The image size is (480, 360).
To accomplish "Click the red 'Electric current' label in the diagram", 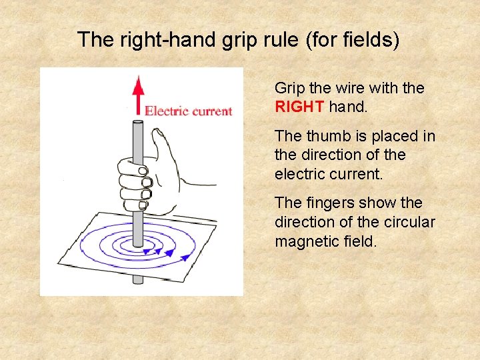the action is [189, 111].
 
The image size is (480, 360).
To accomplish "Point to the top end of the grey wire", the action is [137, 122].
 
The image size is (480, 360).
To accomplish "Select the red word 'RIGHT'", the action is [299, 107].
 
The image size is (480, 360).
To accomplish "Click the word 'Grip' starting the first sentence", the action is [290, 89].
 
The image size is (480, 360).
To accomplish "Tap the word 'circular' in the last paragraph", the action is [409, 221].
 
